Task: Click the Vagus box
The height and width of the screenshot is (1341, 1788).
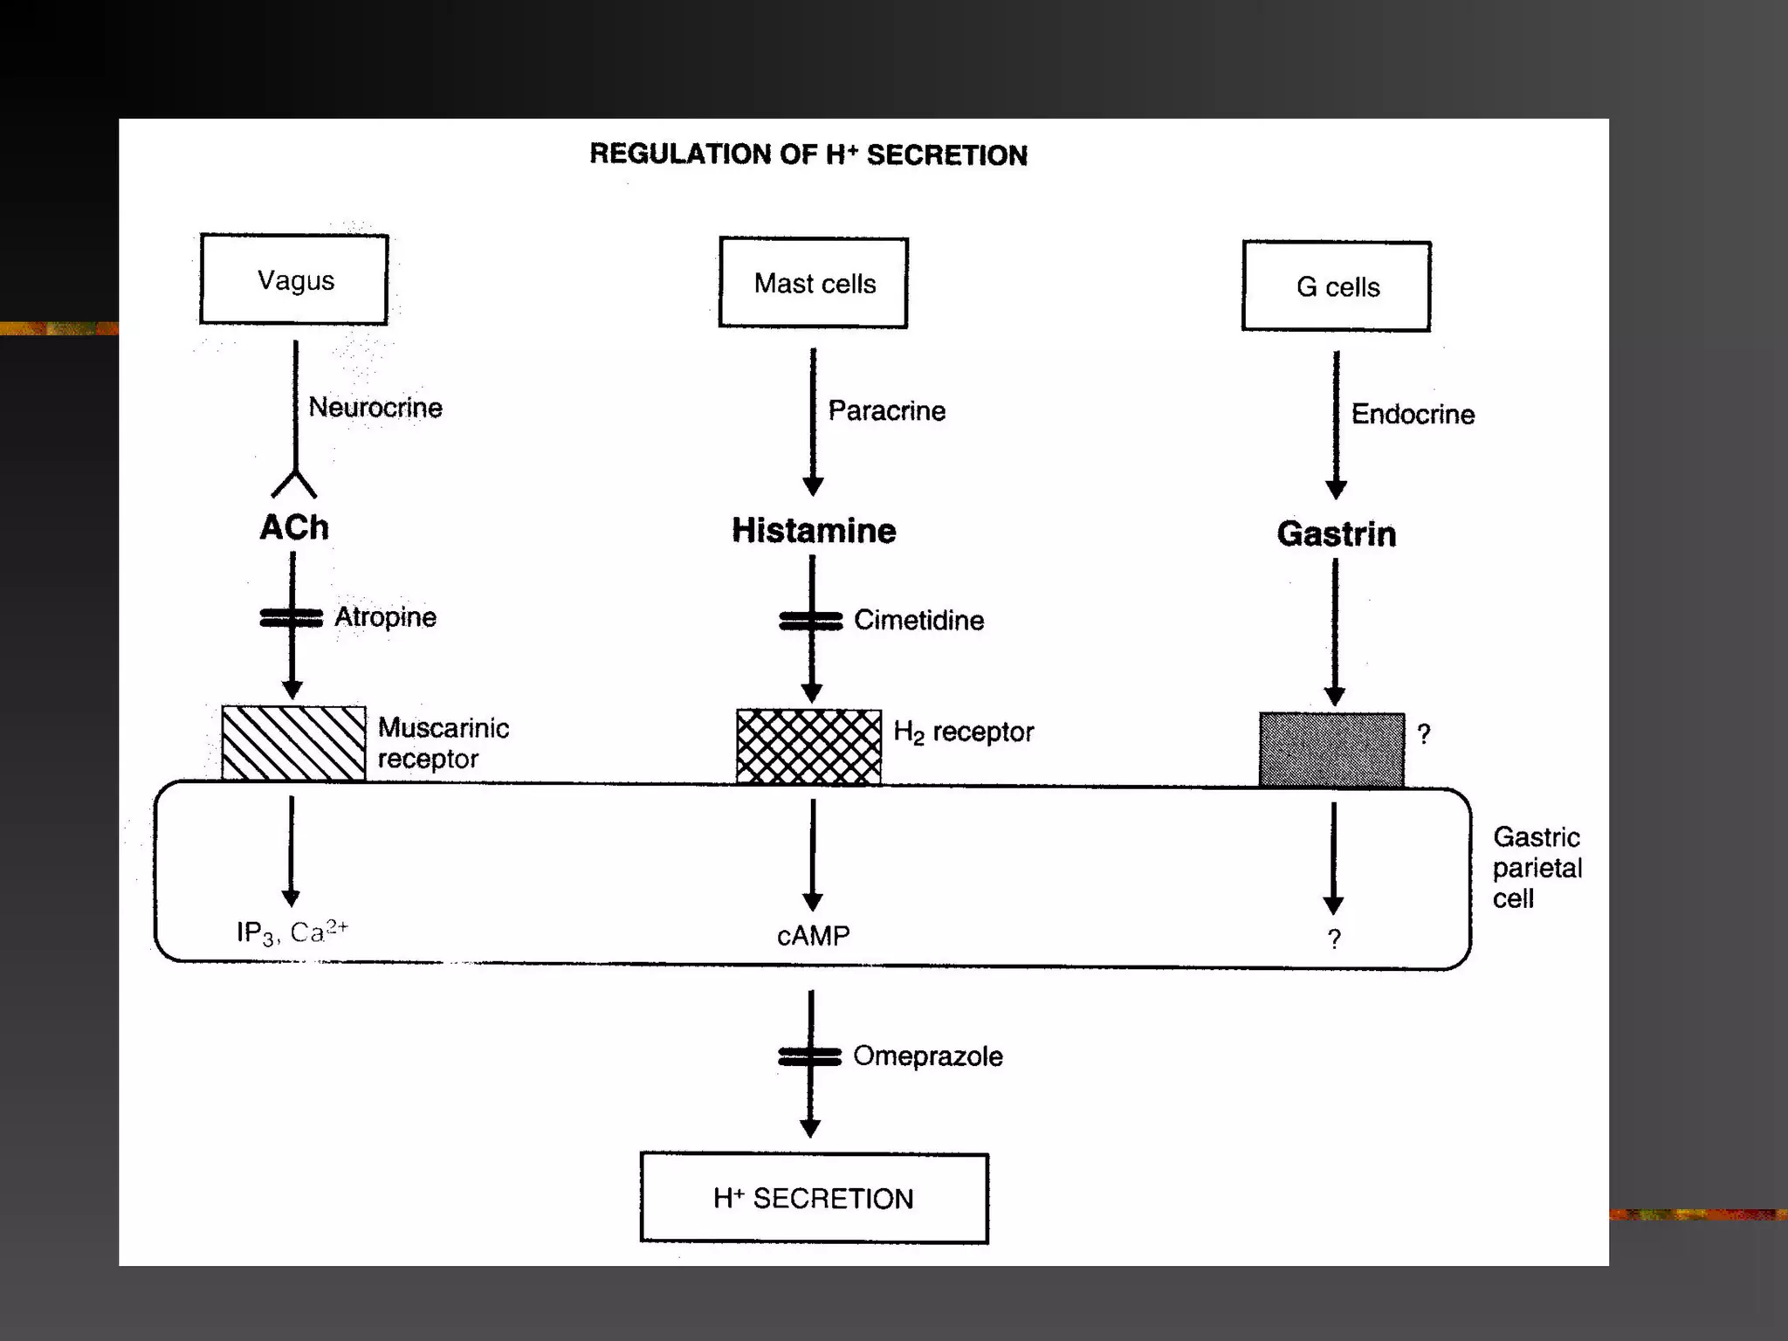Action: (294, 279)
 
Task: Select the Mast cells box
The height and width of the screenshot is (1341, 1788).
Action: (814, 283)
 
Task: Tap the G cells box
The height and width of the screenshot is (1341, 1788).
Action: (1337, 286)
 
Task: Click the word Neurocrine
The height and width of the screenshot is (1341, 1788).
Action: (375, 407)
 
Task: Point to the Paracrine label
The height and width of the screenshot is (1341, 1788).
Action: (886, 410)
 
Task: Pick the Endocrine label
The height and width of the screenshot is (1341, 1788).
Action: (1413, 414)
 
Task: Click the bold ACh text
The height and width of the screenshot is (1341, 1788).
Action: (294, 527)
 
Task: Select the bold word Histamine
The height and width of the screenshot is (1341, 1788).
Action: (814, 531)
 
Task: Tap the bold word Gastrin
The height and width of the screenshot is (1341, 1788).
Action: (1337, 534)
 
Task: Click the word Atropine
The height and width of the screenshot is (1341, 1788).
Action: (385, 617)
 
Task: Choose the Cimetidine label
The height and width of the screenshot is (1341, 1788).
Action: (918, 621)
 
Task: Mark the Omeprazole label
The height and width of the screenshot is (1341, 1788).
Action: (927, 1056)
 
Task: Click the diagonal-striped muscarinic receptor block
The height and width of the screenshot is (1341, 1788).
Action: (293, 743)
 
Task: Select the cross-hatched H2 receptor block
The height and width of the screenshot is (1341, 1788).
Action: (808, 746)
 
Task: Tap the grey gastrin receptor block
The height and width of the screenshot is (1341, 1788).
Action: (1331, 750)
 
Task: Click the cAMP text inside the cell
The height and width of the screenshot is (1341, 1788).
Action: (813, 936)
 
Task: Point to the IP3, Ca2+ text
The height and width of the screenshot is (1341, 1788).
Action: (292, 932)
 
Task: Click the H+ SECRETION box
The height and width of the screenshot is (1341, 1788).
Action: (814, 1198)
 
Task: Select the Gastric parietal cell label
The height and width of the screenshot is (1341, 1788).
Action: (1537, 868)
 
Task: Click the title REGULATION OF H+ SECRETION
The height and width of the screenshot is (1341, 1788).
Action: (808, 155)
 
